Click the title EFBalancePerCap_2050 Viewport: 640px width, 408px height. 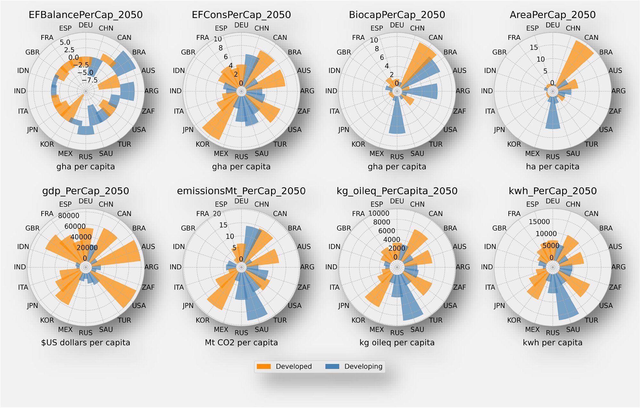click(x=86, y=15)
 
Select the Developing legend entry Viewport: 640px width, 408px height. click(x=354, y=366)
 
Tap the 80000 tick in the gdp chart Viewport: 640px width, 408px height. click(x=69, y=216)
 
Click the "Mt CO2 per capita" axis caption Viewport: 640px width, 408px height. click(x=241, y=343)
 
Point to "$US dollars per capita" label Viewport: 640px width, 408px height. click(x=86, y=343)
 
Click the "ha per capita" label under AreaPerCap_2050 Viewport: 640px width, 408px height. click(x=553, y=167)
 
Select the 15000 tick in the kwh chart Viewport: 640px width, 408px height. click(x=539, y=222)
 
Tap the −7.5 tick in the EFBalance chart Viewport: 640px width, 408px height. click(x=90, y=80)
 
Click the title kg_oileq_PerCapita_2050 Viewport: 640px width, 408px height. click(x=397, y=191)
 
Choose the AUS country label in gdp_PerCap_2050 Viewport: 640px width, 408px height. click(x=148, y=246)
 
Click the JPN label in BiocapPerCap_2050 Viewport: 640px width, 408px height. click(x=344, y=130)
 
